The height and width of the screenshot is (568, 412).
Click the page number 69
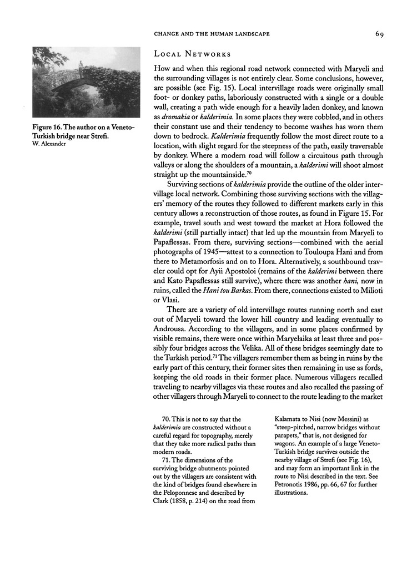point(380,34)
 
